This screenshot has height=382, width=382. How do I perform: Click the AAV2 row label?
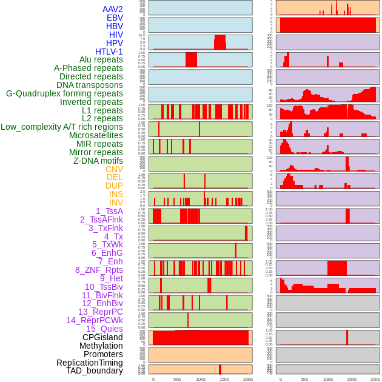coord(112,9)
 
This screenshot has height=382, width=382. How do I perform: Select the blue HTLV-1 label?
coord(109,52)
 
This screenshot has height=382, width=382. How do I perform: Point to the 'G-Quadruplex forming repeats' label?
coord(64,93)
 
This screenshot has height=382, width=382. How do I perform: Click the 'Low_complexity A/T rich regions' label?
coord(62,127)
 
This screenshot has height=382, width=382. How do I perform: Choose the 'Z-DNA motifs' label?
coord(98,161)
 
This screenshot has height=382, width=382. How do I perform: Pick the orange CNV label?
coord(114,169)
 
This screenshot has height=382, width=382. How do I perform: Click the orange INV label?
coord(116,203)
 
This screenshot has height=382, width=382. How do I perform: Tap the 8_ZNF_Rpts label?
coord(99,270)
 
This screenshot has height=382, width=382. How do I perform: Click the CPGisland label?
coord(102,337)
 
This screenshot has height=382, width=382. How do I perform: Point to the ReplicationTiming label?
coord(89,363)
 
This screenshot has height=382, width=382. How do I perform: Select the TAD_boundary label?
coord(95,370)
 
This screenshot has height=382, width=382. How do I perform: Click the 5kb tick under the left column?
coord(177,380)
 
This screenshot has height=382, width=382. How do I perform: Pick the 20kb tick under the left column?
coord(248,380)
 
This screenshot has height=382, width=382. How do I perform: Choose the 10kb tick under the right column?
coord(328,380)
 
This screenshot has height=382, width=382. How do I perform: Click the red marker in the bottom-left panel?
coord(220,369)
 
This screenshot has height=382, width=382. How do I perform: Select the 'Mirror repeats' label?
coord(96,152)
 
